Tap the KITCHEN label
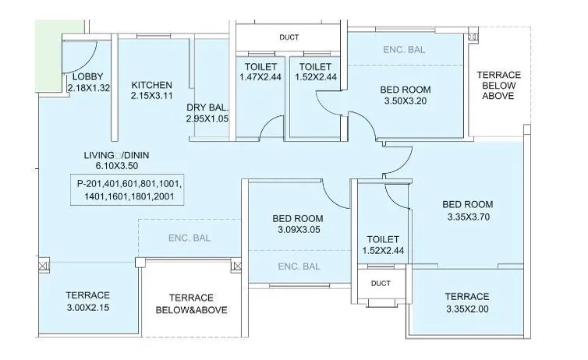[x=151, y=85]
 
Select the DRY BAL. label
[x=207, y=108]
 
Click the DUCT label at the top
[x=289, y=37]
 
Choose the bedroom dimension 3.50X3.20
[x=407, y=101]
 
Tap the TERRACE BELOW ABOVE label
[x=498, y=85]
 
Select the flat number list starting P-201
[x=129, y=191]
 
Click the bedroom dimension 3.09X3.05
[x=298, y=230]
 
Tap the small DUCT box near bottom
[x=381, y=284]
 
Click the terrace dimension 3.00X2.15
[x=87, y=307]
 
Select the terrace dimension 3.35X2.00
[x=466, y=309]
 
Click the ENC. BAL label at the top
[x=404, y=49]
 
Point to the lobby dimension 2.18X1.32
[x=90, y=88]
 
